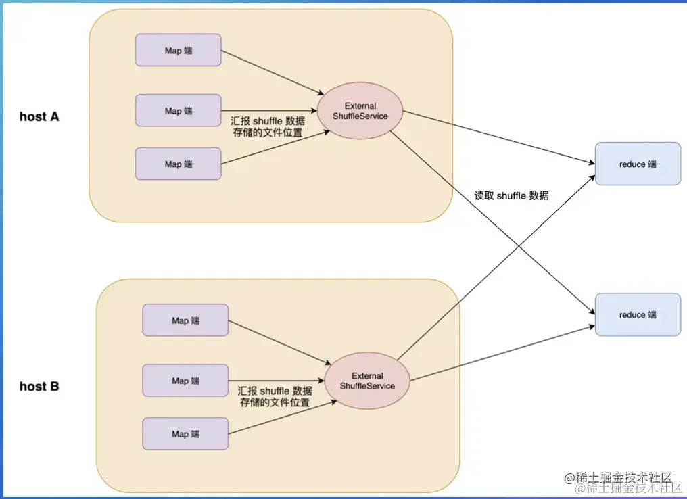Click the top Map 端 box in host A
[x=179, y=51]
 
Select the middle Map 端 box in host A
[x=179, y=111]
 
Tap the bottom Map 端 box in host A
[x=179, y=164]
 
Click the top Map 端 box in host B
[x=185, y=320]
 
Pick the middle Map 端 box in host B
[x=185, y=381]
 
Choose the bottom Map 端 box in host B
[x=185, y=433]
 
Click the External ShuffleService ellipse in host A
[x=360, y=111]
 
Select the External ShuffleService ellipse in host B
[x=367, y=381]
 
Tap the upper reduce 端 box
[x=638, y=164]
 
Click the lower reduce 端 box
[x=638, y=314]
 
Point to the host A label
[x=39, y=116]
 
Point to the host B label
[x=39, y=387]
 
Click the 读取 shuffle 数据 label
[x=511, y=196]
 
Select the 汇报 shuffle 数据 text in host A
[x=267, y=121]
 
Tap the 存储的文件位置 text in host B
[x=275, y=403]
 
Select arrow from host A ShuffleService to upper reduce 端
[x=497, y=138]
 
